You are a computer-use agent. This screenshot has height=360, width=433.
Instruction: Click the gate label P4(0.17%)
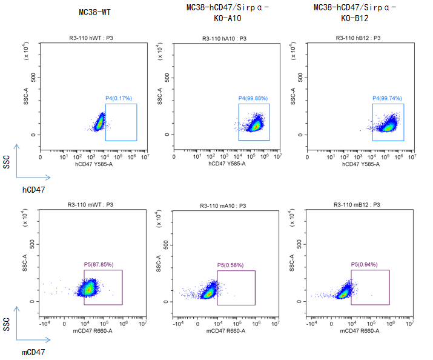point(119,98)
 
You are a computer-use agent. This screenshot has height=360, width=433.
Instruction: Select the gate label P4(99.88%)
point(253,98)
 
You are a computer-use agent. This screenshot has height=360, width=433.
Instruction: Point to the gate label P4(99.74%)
point(387,98)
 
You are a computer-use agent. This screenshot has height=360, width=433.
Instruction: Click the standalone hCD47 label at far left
point(34,190)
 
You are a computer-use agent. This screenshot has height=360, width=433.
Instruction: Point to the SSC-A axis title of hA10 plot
point(160,95)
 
